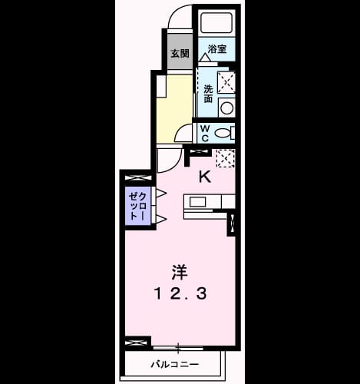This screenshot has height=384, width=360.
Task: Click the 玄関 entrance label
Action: [180, 53]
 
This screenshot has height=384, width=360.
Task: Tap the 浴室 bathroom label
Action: [217, 49]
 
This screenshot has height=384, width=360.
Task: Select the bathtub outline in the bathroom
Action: [216, 22]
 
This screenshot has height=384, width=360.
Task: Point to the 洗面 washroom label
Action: [208, 94]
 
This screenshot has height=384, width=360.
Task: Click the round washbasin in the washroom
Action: [226, 108]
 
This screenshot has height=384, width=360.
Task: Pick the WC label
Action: [205, 133]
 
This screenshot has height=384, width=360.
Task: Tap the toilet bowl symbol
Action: [222, 133]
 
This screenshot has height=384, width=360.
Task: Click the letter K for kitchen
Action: [205, 177]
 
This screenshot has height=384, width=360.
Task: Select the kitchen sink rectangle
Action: [198, 202]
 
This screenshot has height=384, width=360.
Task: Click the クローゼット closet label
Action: [137, 207]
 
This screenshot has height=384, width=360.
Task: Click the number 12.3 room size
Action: [180, 293]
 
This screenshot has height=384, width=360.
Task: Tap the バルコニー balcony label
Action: [174, 364]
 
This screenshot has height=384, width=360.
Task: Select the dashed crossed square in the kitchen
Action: [226, 159]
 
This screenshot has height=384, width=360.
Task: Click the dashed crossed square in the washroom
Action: [226, 82]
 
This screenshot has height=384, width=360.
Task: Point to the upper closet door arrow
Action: [161, 194]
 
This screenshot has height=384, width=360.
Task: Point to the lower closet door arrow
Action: [161, 219]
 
